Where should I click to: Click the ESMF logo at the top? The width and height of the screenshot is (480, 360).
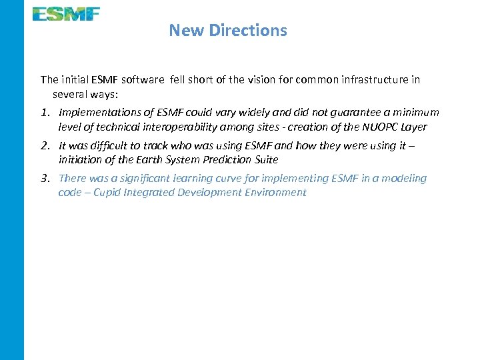coord(66,13)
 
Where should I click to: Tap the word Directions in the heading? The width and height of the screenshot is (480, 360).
coord(248,30)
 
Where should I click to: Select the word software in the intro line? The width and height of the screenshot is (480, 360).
coord(142,79)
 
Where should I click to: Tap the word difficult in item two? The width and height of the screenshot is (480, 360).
coord(100,145)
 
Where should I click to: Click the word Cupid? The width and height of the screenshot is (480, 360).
coord(109,193)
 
